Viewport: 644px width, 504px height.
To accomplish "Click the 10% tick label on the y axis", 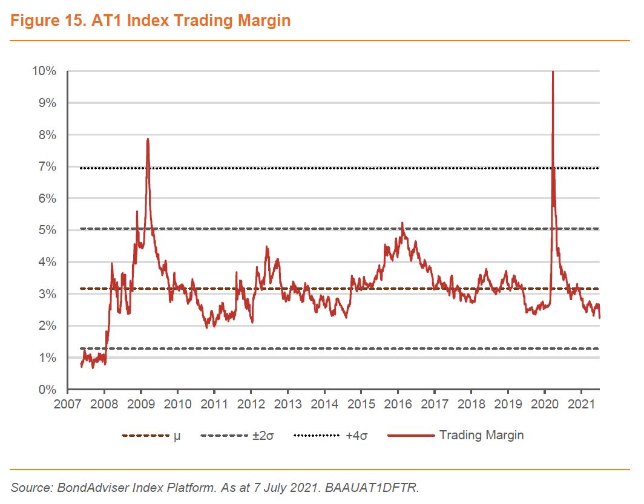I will [44, 71].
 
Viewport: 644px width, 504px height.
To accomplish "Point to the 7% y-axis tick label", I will [47, 167].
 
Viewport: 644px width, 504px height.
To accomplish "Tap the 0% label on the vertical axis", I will [47, 390].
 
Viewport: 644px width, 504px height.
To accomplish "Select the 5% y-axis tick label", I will [47, 231].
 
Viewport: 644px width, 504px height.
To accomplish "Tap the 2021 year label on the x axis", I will [581, 404].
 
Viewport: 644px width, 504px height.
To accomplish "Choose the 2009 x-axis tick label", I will [141, 404].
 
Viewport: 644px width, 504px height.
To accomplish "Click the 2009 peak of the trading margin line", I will [147, 139].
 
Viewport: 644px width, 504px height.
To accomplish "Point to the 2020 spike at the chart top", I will [552, 73].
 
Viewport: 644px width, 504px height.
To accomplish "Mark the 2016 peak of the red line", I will [402, 223].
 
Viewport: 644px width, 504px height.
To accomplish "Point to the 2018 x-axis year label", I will [471, 404].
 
